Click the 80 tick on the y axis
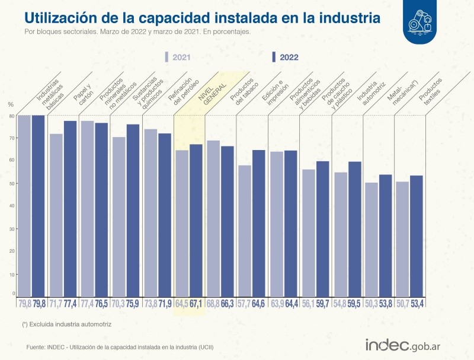pyautogui.click(x=11, y=116)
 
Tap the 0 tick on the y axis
pyautogui.click(x=13, y=293)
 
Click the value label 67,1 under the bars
pyautogui.click(x=196, y=305)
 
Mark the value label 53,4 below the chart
pyautogui.click(x=417, y=305)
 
